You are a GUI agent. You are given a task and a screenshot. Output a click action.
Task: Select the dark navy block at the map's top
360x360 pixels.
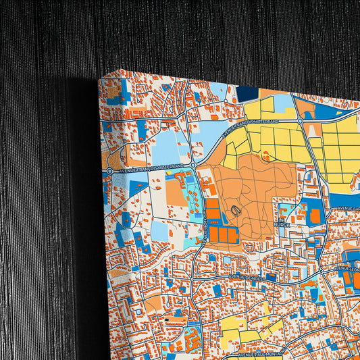point(248,94)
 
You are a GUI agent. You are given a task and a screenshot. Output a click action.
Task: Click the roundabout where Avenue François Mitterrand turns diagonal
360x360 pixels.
point(193,164)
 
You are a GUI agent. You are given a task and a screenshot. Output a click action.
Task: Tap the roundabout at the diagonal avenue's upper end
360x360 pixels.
point(300,121)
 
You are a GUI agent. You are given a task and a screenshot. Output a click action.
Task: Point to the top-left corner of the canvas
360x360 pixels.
point(99,78)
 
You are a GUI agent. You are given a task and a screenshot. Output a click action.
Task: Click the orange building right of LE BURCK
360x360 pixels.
point(315,216)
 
